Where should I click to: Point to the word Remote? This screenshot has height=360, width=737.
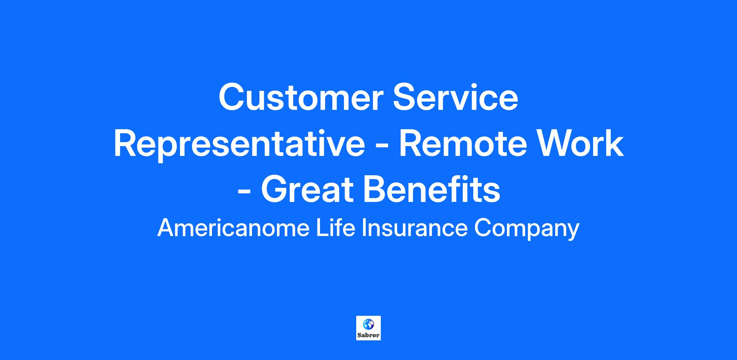tap(461, 144)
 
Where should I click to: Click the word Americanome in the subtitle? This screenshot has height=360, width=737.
tap(233, 228)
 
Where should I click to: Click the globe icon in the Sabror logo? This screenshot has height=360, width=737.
tap(368, 324)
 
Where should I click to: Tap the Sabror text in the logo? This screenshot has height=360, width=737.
tap(368, 335)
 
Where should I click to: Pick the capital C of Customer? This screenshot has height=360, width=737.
tap(232, 97)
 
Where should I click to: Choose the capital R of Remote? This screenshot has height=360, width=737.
tap(411, 144)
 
